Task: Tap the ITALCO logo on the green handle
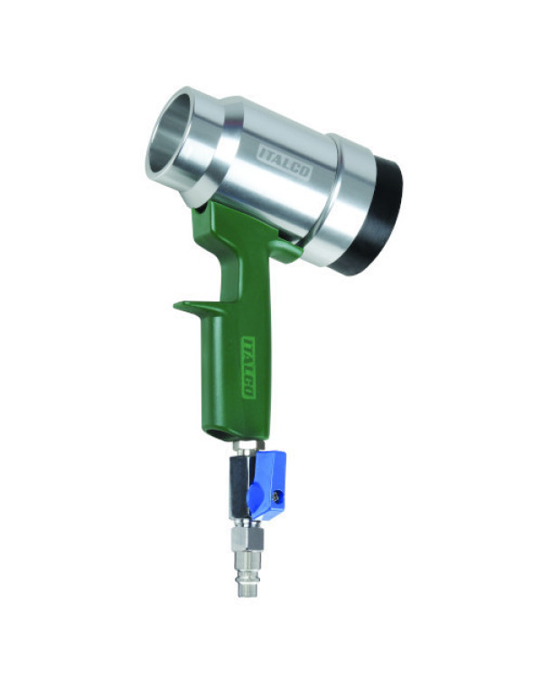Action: (248, 367)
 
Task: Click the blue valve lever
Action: (266, 485)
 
